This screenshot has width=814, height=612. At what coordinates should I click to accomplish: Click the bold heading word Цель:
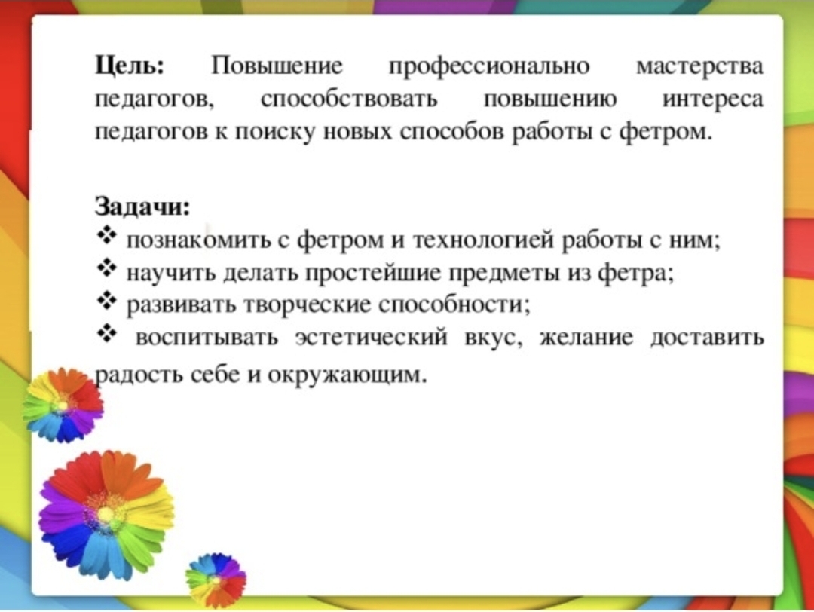coord(130,68)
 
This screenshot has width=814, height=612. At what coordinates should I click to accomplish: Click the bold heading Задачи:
coord(142,207)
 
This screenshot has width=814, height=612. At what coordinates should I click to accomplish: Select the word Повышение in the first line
coord(277,67)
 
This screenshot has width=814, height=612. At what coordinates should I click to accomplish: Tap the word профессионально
coord(490,68)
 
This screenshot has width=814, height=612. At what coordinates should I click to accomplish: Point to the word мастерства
coord(700,68)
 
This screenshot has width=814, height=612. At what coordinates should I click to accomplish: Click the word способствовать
coord(350,99)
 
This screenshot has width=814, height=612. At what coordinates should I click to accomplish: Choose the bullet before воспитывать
coord(106,334)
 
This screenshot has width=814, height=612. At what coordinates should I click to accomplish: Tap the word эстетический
coord(371,338)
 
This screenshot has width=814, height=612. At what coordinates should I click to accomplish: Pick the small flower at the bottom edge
coord(216,580)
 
